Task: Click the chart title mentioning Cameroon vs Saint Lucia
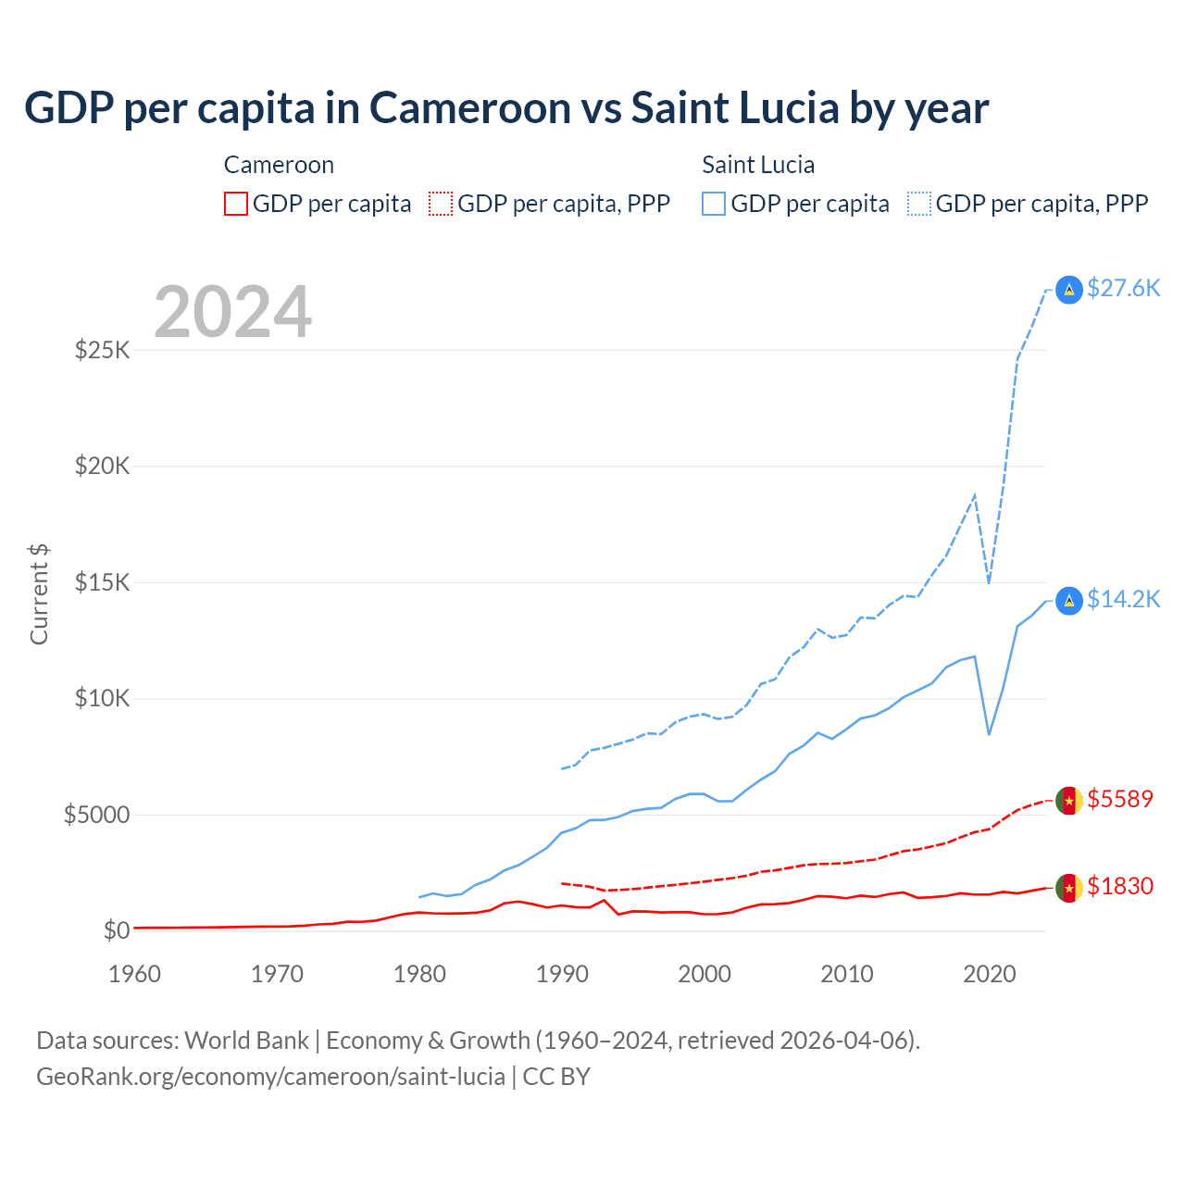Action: click(506, 108)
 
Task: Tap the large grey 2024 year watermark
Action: click(232, 312)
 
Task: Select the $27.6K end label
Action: click(1123, 288)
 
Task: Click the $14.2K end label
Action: click(1123, 599)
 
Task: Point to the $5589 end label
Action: click(1120, 799)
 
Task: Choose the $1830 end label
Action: click(1120, 886)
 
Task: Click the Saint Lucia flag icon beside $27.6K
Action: click(1069, 290)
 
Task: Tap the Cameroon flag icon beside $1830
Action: click(1069, 888)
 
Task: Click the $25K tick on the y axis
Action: click(102, 350)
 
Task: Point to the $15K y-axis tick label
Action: click(102, 582)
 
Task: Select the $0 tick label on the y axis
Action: click(116, 930)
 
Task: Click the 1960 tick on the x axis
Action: click(135, 974)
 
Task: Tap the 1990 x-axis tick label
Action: click(562, 974)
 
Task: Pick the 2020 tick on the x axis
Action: click(990, 974)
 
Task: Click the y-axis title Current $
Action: click(39, 594)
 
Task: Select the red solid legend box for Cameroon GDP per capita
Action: click(236, 204)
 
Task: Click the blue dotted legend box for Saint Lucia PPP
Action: click(919, 204)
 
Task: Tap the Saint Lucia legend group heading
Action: click(758, 165)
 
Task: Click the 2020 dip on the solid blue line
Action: click(989, 734)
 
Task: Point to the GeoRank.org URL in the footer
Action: click(270, 1077)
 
